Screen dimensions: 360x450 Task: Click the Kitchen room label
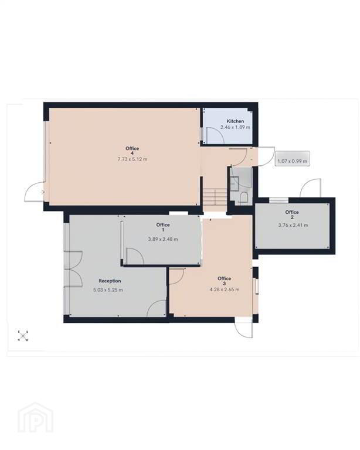pos(235,121)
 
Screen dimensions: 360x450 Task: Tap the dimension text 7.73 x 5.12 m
pos(133,159)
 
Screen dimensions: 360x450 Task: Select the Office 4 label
pos(132,151)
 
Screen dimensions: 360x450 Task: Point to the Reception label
pos(110,281)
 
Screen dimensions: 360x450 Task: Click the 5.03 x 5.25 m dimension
pos(108,290)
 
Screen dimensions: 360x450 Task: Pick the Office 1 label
pos(163,227)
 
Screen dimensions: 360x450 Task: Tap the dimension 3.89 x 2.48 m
pos(163,239)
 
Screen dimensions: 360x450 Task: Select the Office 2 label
pos(292,214)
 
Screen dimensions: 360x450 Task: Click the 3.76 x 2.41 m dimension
pos(293,225)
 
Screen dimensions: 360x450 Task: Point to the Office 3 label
pos(224,281)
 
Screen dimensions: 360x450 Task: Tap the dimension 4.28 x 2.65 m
pos(225,289)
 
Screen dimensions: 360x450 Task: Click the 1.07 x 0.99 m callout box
pos(292,158)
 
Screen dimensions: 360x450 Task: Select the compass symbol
pos(23,336)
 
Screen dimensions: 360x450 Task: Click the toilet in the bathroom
pos(244,197)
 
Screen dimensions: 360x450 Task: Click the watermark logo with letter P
pos(35,418)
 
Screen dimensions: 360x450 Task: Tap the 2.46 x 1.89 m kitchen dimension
pos(235,127)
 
